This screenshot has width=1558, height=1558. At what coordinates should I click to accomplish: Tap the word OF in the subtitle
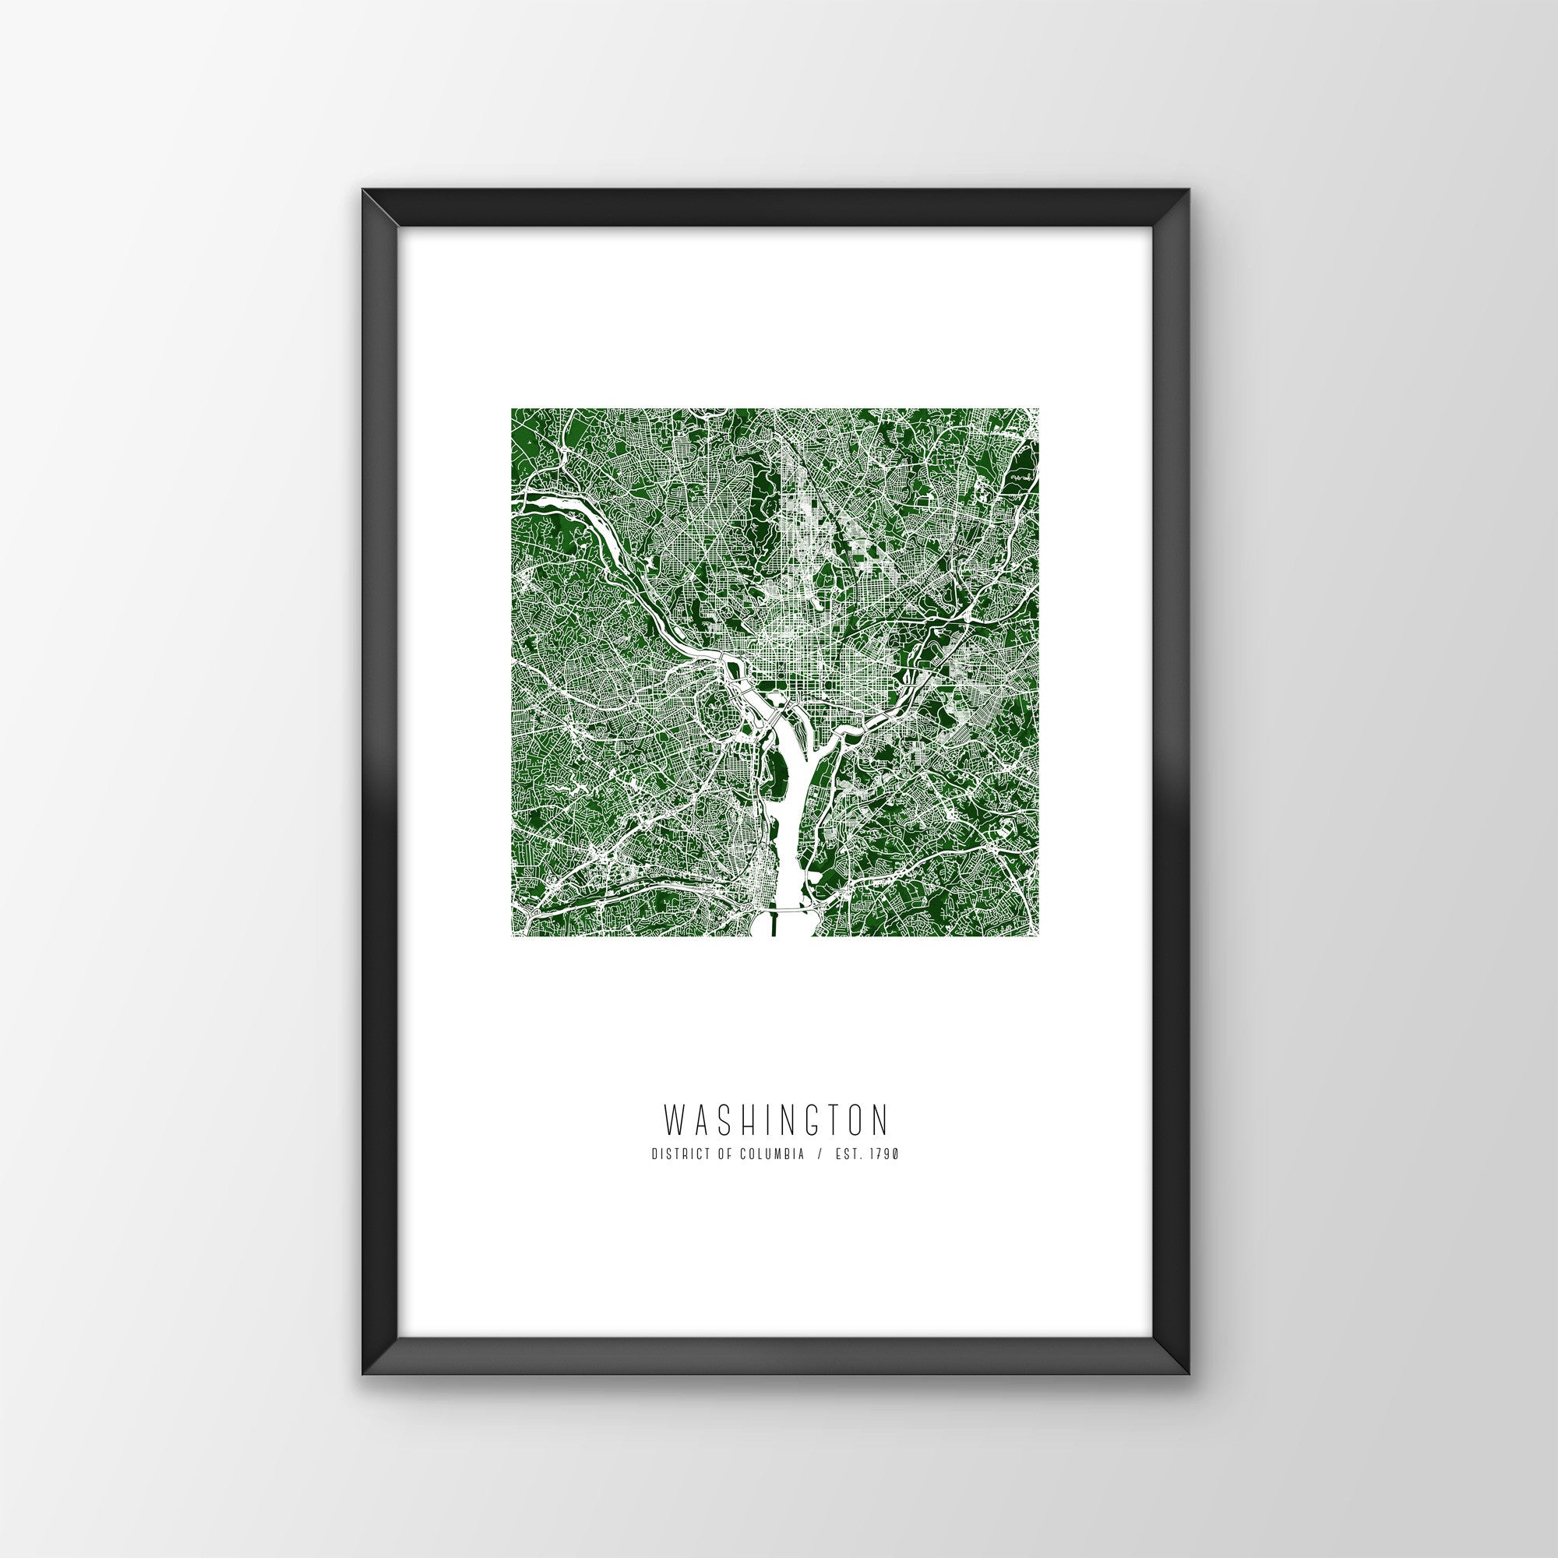click(x=716, y=1154)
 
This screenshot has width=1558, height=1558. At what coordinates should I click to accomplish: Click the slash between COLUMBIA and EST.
click(x=820, y=1154)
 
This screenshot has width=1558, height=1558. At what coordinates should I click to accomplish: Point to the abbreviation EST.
click(x=848, y=1154)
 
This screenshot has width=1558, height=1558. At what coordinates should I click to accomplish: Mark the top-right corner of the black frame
click(x=1190, y=213)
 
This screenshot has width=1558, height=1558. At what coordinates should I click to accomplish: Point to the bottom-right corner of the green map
click(x=1038, y=936)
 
